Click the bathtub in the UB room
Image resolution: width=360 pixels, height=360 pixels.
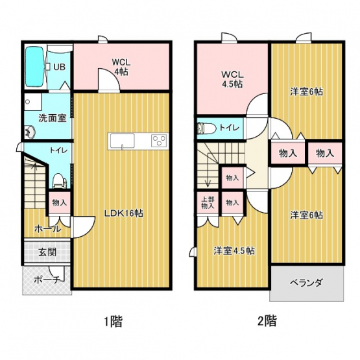click(x=34, y=67)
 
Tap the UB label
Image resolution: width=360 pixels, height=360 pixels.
click(x=59, y=67)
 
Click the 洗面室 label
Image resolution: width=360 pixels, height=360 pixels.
click(x=53, y=118)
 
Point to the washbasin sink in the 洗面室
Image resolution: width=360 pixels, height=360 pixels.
click(x=30, y=132)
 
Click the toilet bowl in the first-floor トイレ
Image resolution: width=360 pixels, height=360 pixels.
click(x=59, y=181)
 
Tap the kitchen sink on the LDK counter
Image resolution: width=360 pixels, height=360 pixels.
click(x=122, y=141)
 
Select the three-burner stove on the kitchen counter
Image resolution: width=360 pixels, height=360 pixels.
click(x=159, y=141)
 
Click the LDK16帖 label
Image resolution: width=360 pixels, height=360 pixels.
click(x=124, y=213)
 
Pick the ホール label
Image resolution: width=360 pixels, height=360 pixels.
click(x=48, y=229)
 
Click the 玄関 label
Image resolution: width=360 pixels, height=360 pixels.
click(x=47, y=252)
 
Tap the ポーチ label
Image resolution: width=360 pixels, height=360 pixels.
click(x=47, y=280)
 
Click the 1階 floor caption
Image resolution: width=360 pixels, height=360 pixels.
click(x=114, y=321)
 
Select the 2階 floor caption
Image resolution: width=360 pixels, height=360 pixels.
click(x=267, y=321)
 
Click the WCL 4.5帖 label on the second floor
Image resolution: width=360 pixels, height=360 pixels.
click(x=232, y=79)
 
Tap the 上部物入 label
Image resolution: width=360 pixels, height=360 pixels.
click(x=208, y=203)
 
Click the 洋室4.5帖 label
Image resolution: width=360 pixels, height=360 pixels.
click(x=234, y=251)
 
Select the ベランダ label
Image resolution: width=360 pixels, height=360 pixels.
click(x=307, y=282)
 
